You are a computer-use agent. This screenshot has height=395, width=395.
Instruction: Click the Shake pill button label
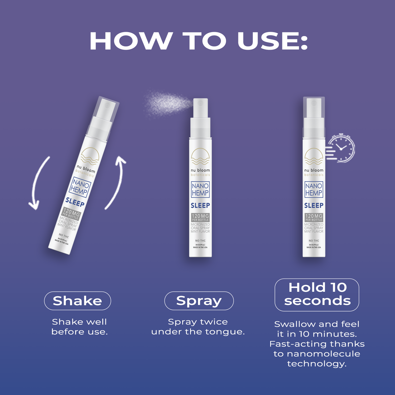pos(77,301)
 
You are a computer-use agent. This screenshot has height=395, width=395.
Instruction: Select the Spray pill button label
pos(199,301)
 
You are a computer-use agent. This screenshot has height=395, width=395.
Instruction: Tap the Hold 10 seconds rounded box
pos(317,295)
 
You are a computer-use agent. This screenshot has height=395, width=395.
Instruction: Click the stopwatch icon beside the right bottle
pos(341,148)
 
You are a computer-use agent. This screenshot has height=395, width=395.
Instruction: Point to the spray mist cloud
pos(167,103)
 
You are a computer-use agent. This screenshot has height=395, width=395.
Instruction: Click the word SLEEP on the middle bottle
pos(200,205)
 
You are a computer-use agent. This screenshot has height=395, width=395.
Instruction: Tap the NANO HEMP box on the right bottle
pos(314,189)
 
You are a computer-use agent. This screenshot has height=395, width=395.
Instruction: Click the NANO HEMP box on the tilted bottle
pos(80,187)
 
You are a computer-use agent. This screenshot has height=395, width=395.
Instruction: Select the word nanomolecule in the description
pos(323,354)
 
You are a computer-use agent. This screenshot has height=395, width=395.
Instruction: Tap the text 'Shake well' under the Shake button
pos(79,322)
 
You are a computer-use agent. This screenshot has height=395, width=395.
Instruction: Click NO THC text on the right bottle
pos(314,241)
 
